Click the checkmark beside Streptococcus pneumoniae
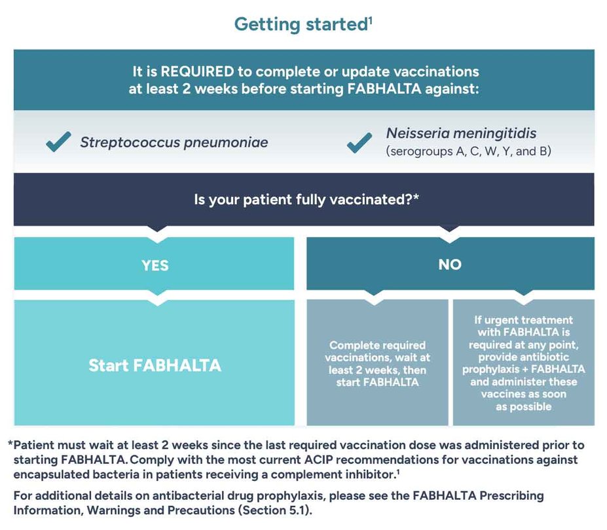[x=58, y=141]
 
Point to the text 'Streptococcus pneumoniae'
[x=174, y=142]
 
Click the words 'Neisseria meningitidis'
[x=461, y=133]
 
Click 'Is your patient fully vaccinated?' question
[x=306, y=200]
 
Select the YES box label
[x=155, y=265]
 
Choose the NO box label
[x=450, y=265]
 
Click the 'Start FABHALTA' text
[x=155, y=365]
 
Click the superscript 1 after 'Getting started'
[x=370, y=19]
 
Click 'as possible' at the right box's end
[x=524, y=406]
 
